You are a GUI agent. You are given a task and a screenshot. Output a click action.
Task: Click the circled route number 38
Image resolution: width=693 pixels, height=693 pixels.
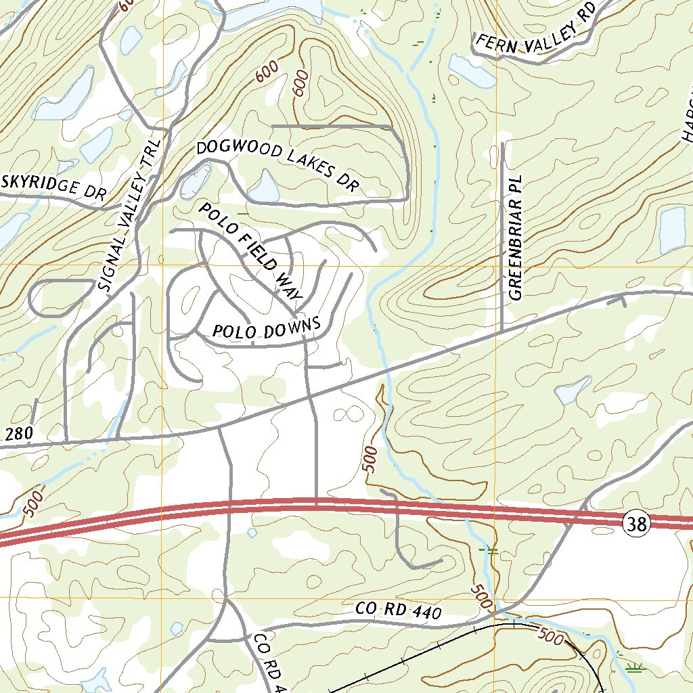(638, 523)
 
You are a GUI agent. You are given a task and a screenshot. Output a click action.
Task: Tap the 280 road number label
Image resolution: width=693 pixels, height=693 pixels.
(19, 434)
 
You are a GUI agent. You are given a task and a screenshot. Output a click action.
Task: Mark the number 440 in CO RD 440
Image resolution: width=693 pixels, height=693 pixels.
(426, 613)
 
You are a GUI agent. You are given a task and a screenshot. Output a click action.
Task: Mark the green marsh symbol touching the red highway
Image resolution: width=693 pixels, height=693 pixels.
(489, 550)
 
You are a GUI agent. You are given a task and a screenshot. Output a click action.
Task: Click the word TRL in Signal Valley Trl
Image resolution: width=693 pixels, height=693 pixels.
(152, 152)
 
